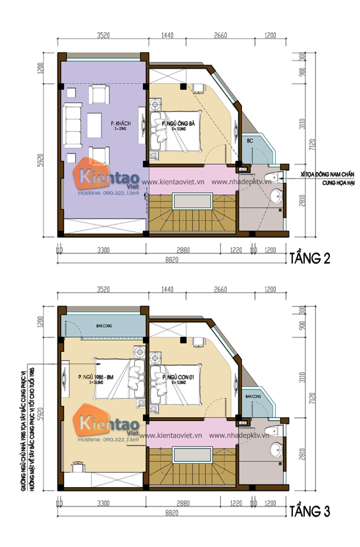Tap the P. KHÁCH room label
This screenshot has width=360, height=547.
[121, 124]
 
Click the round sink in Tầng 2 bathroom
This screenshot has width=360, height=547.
[276, 197]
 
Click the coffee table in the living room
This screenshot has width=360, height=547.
[94, 125]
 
